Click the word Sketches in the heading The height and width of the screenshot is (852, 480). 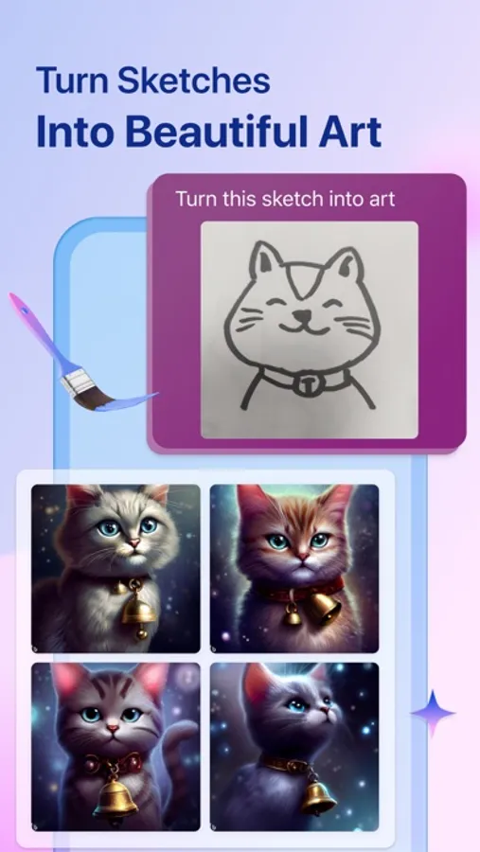193,80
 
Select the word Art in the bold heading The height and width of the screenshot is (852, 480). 349,132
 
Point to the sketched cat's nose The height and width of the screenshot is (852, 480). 301,314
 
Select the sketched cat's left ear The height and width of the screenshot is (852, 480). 266,262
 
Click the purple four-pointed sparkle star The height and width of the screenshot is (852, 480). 433,712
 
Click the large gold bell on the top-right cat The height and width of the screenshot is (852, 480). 325,607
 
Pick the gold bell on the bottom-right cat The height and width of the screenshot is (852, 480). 318,798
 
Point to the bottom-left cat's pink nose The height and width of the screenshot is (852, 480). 113,728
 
